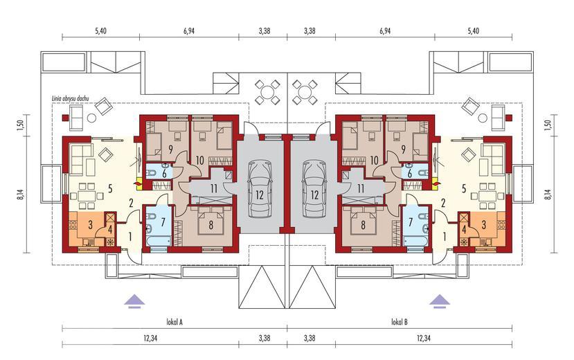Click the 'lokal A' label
click(x=174, y=322)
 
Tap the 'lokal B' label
click(x=400, y=322)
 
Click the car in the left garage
click(x=260, y=189)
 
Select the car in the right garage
click(x=315, y=189)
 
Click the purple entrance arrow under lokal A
click(x=134, y=300)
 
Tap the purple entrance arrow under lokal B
click(x=440, y=300)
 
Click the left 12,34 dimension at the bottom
click(x=150, y=339)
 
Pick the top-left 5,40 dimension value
click(x=100, y=31)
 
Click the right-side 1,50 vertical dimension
click(x=552, y=125)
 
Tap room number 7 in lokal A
click(x=163, y=222)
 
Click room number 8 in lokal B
click(x=363, y=224)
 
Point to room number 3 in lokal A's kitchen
click(x=90, y=224)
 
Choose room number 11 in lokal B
click(x=361, y=189)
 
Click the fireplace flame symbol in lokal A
click(x=138, y=181)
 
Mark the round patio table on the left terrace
click(x=267, y=91)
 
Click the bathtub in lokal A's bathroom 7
click(x=158, y=242)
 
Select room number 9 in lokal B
click(x=403, y=149)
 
